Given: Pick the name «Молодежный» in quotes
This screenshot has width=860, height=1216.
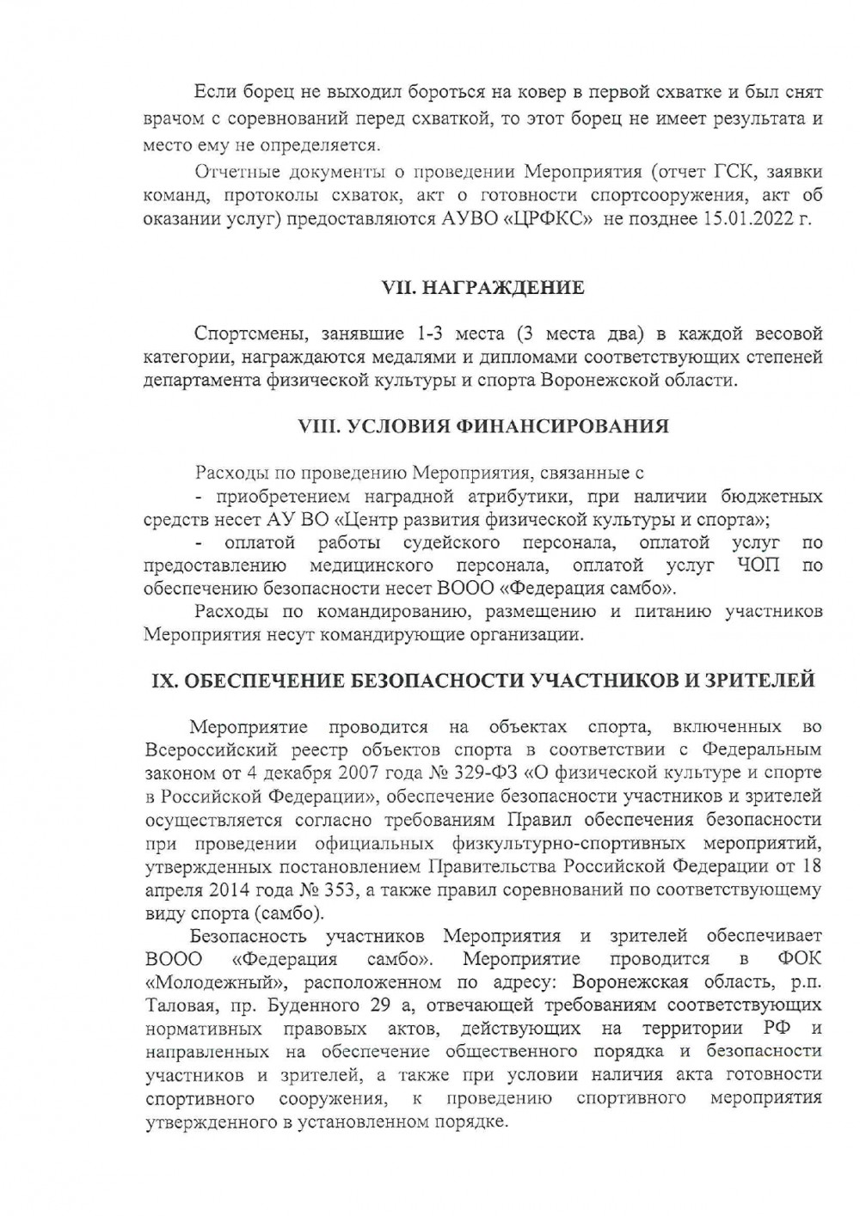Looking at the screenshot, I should click(x=198, y=981).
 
